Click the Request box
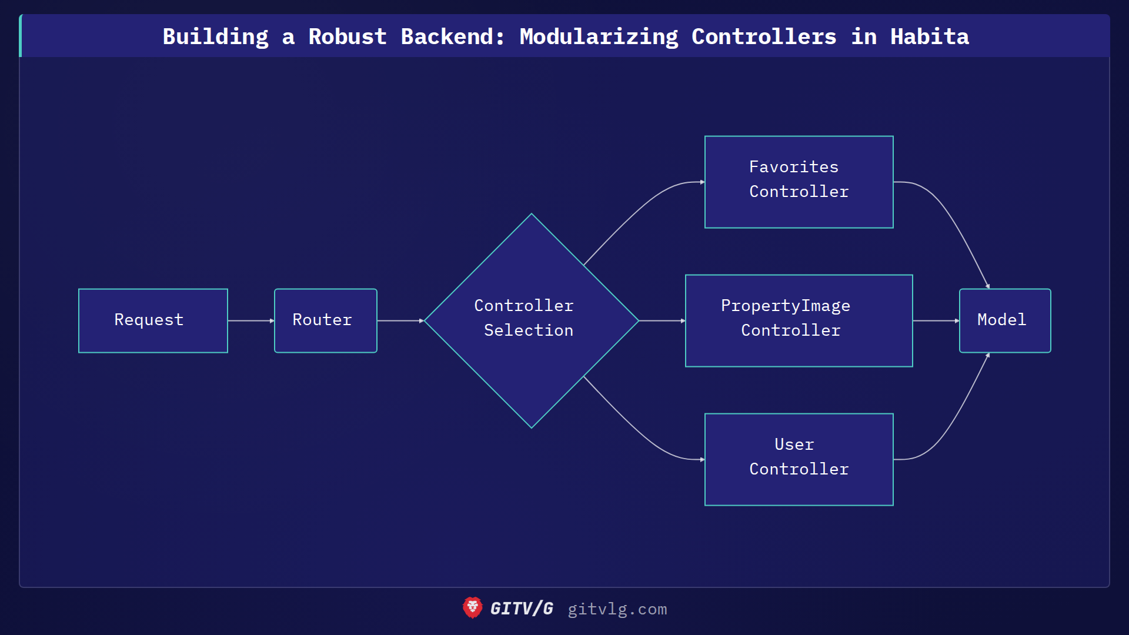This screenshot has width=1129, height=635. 153,320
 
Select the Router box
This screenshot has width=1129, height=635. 325,320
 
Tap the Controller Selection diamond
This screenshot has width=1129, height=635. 531,320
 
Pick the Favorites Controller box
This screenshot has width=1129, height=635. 799,182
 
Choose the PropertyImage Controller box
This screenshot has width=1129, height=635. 799,320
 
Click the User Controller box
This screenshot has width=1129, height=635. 799,459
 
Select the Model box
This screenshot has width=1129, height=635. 1004,320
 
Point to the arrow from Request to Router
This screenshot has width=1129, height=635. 250,320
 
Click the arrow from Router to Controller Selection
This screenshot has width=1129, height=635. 400,320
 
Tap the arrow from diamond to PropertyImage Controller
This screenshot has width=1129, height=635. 662,320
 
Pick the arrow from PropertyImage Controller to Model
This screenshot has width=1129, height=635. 936,320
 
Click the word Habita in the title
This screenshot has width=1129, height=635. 929,36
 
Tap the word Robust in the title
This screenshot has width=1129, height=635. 348,36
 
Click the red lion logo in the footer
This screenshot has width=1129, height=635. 472,608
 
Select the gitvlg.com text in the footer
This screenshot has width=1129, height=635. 617,609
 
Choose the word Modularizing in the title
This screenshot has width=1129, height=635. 599,36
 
